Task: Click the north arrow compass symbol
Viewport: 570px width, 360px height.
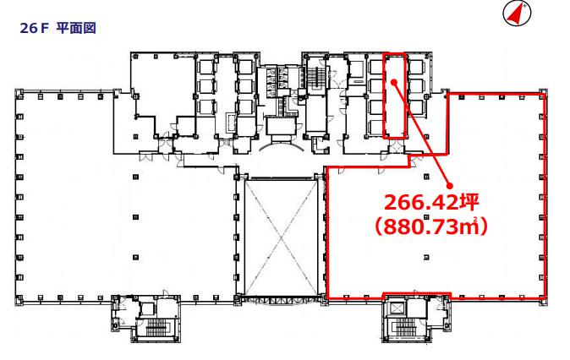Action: click(x=517, y=14)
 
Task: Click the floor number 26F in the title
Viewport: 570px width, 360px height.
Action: click(x=34, y=29)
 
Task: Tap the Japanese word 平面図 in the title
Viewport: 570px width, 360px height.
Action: click(x=76, y=28)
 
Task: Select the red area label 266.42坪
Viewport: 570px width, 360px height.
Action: click(x=431, y=202)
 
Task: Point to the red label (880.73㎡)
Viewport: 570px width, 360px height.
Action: click(x=431, y=227)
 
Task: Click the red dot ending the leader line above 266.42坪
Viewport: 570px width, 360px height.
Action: click(x=450, y=186)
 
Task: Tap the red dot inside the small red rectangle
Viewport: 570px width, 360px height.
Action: click(x=394, y=82)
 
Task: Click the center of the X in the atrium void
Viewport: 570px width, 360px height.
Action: click(x=281, y=238)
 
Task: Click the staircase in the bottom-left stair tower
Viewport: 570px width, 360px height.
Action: click(x=157, y=327)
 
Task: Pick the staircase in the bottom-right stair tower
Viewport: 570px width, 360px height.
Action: click(x=407, y=327)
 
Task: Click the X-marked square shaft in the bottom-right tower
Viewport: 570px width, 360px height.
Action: click(x=397, y=308)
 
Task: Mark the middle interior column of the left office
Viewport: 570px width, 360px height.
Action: click(x=135, y=217)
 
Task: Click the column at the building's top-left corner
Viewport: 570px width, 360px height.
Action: click(x=19, y=92)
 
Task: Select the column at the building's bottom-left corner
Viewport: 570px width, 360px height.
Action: click(x=19, y=299)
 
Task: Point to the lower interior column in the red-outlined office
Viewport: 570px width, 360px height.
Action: click(x=426, y=257)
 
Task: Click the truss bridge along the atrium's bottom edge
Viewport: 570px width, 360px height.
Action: click(x=281, y=300)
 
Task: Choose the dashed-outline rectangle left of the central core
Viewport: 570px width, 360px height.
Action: click(x=231, y=123)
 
